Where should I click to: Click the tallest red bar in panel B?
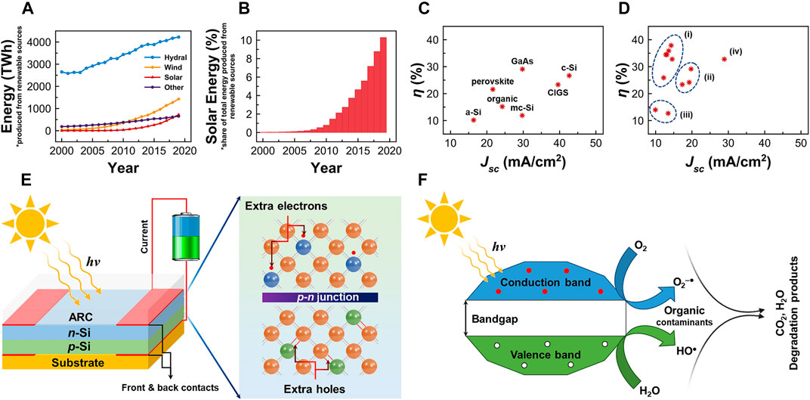click(x=383, y=85)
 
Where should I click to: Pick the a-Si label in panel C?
click(x=474, y=111)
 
